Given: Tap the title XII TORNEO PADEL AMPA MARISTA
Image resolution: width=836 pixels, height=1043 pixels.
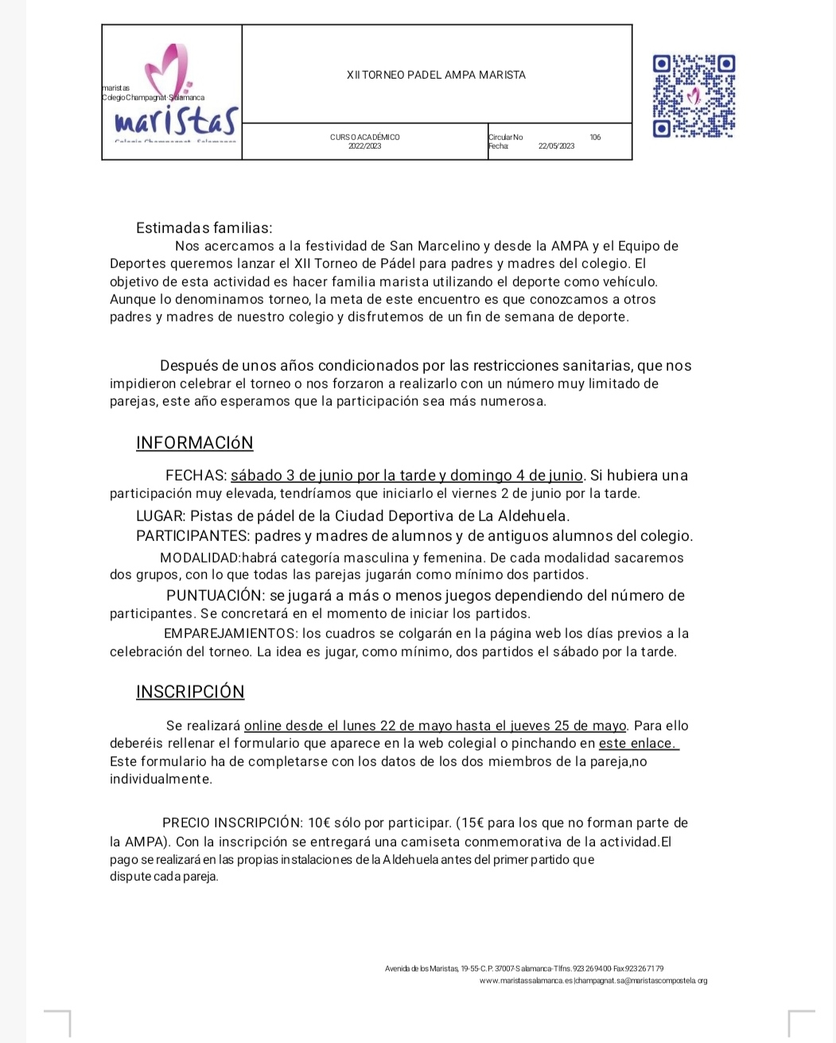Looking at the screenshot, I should click(436, 75).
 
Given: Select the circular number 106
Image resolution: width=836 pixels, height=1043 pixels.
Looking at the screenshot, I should click(595, 138).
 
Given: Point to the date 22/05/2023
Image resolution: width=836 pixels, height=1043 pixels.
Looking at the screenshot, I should click(556, 146).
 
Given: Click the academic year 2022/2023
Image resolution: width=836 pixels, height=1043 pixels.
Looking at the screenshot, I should click(364, 146).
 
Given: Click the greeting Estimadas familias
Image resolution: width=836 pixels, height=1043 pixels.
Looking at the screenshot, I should click(204, 228).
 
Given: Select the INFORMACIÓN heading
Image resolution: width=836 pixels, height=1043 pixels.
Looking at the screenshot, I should click(194, 443).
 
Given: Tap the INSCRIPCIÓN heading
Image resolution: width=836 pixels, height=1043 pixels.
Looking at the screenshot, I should click(190, 692).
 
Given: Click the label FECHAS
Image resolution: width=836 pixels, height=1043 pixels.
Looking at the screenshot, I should click(196, 476).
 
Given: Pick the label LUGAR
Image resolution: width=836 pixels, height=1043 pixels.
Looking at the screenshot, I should click(161, 516).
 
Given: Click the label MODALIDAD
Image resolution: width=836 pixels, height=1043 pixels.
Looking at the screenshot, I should click(200, 558).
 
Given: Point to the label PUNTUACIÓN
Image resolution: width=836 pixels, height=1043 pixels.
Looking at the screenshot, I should click(215, 596).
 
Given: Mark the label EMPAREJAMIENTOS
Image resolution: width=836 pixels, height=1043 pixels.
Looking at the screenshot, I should click(230, 634).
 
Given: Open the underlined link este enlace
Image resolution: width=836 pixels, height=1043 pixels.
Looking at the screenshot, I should click(638, 744).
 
